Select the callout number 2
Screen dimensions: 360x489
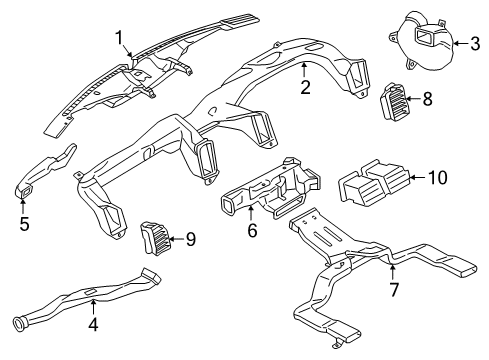(302, 87)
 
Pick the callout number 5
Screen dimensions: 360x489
(24, 223)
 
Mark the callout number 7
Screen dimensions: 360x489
(394, 290)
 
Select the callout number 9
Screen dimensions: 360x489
(191, 238)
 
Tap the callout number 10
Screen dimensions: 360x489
(437, 179)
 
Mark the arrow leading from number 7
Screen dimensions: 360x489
(392, 273)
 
